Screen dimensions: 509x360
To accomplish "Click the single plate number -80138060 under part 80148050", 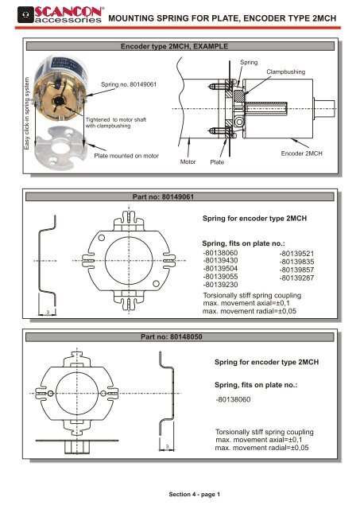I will point(237,400).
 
